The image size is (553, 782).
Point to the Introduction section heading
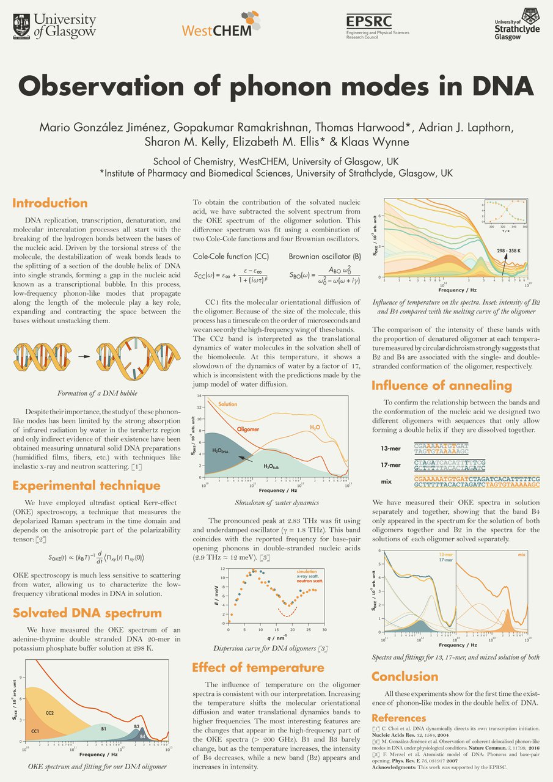[x=50, y=203]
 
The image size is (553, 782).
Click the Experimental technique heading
[x=86, y=486]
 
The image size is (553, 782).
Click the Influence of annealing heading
[x=442, y=386]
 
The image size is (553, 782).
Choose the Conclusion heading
[x=405, y=676]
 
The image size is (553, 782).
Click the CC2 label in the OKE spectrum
[x=50, y=713]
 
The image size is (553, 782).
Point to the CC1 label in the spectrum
[x=35, y=731]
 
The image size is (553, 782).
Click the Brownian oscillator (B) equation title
[x=317, y=257]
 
